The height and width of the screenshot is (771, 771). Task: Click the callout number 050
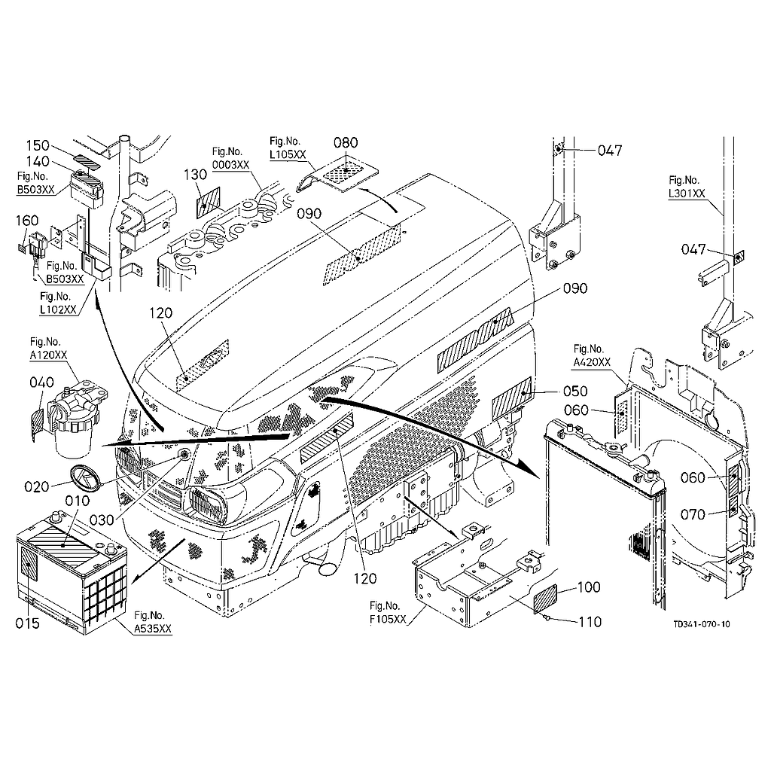pos(574,392)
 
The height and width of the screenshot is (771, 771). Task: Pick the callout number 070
pos(692,516)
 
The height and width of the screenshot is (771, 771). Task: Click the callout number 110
pos(590,622)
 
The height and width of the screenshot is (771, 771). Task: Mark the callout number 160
pos(26,221)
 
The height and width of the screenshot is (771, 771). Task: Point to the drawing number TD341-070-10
pos(702,624)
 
